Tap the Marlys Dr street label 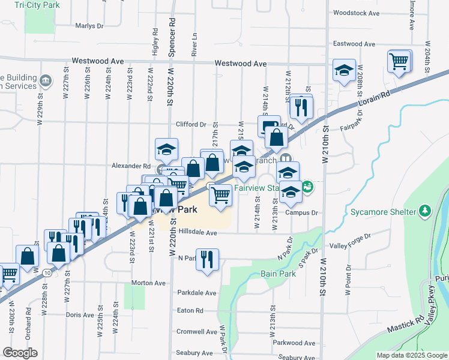click(x=89, y=26)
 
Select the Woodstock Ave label click(x=357, y=13)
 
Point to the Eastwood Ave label click(x=354, y=44)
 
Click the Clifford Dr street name click(x=191, y=125)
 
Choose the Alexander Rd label click(x=130, y=166)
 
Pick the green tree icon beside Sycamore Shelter click(x=425, y=211)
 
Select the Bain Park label click(x=278, y=274)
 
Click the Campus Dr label click(x=301, y=212)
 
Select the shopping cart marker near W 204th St click(x=399, y=61)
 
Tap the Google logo click(x=20, y=353)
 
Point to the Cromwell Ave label click(x=197, y=332)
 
